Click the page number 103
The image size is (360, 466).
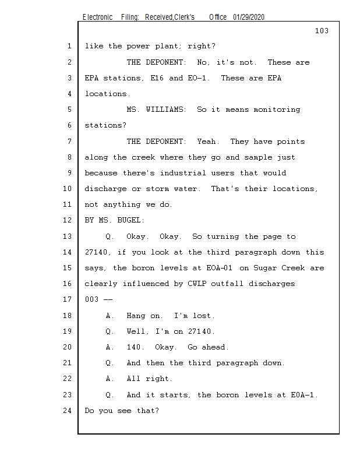pos(322,31)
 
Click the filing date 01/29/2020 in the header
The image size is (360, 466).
pos(249,17)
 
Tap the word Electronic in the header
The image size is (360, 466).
pos(97,17)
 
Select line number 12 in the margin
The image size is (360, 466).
pos(68,221)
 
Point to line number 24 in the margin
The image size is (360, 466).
pos(68,411)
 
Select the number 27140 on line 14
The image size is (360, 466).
pos(96,252)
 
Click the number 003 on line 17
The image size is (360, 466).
pos(91,300)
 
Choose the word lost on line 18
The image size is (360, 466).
pos(204,316)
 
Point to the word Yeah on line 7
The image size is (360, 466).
pos(207,142)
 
